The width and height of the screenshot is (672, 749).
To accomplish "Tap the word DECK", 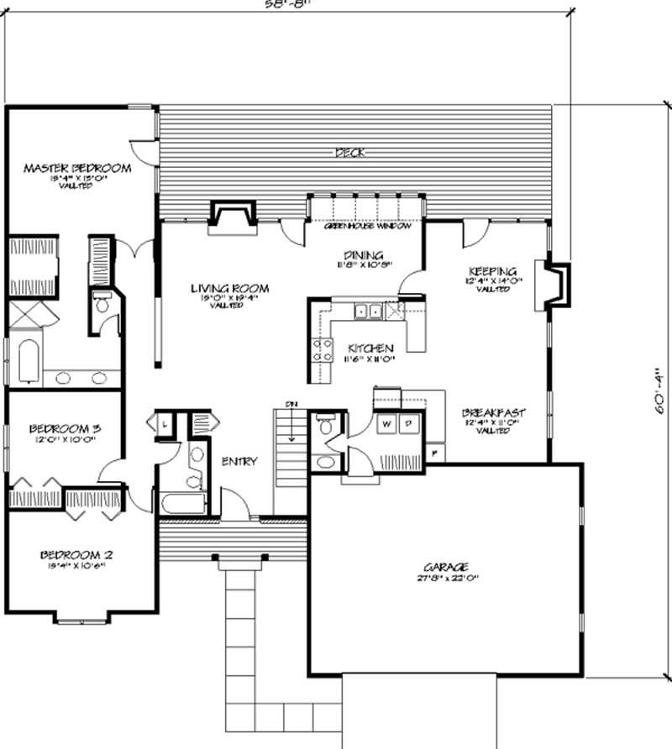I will (348, 152).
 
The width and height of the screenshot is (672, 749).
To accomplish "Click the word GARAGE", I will (446, 567).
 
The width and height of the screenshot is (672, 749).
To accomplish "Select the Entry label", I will (239, 462).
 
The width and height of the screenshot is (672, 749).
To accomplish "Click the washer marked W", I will (387, 425).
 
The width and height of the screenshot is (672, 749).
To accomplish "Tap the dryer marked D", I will (407, 425).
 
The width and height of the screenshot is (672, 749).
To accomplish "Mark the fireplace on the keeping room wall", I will (556, 285).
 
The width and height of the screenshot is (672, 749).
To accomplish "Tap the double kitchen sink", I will (367, 312).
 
